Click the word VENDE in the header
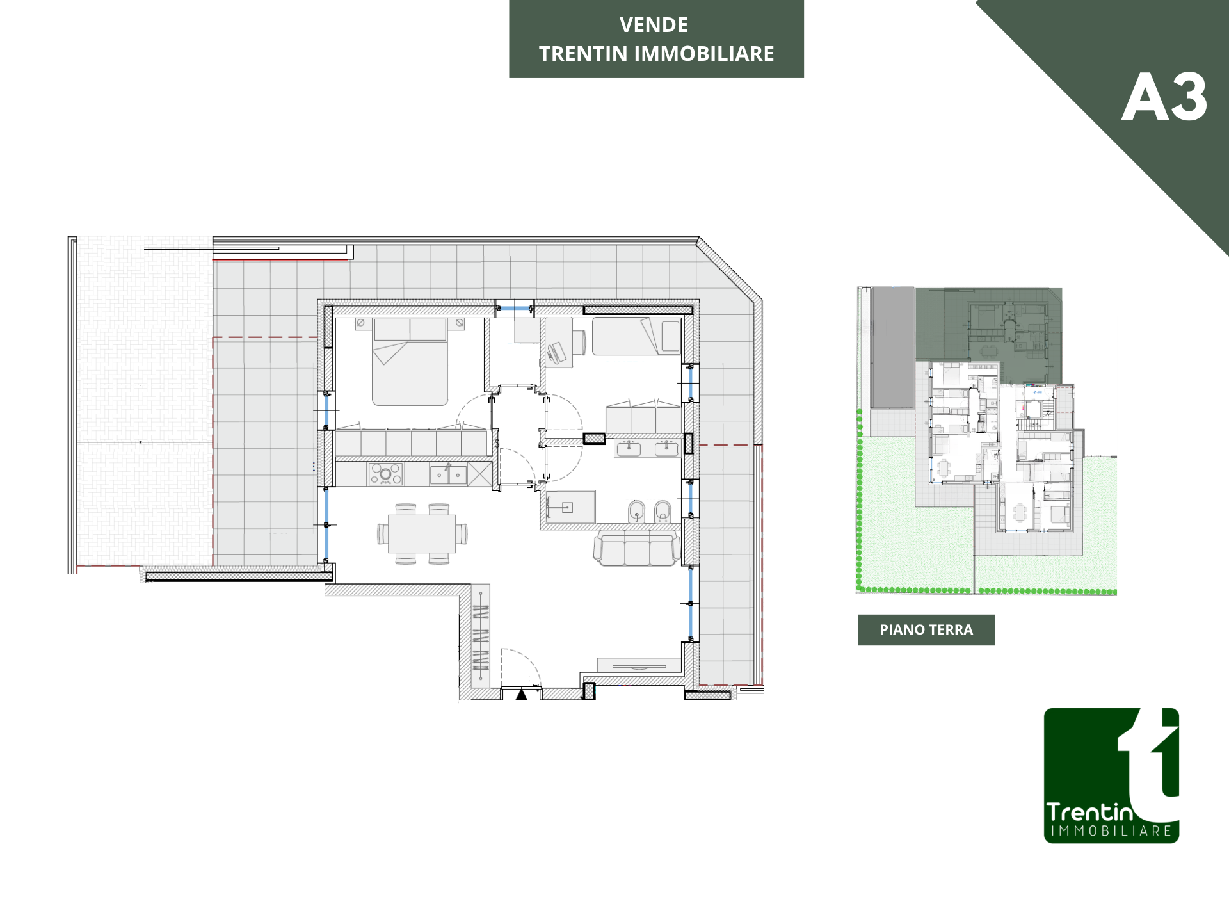[654, 25]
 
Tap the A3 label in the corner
[1164, 97]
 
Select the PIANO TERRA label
[926, 630]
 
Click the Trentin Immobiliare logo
[1112, 775]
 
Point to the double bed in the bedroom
[410, 362]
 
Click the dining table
[422, 533]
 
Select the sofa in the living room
[637, 548]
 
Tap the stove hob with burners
[385, 474]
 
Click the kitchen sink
[448, 474]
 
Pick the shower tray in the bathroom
[570, 507]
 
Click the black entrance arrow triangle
[522, 694]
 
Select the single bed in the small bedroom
[637, 336]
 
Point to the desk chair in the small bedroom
[556, 353]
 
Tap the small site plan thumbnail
[986, 441]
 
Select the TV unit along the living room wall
[638, 665]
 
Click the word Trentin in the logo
[1090, 812]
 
